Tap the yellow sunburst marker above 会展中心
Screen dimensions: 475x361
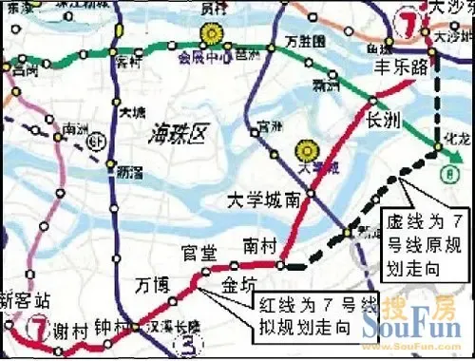[209, 36]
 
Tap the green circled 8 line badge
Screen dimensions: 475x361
[446, 174]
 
